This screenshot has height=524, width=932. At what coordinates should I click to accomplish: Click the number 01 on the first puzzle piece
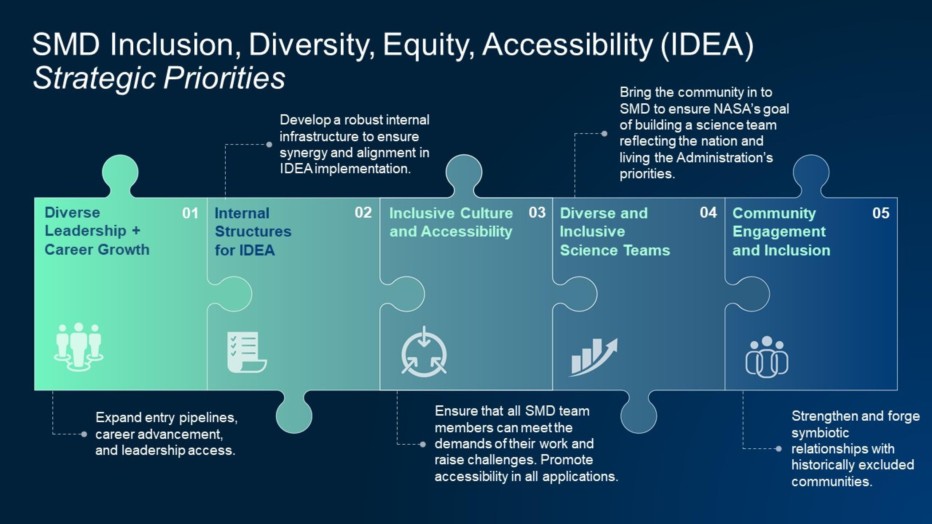pyautogui.click(x=190, y=213)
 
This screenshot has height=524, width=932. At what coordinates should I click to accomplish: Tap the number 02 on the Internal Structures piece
pyautogui.click(x=363, y=213)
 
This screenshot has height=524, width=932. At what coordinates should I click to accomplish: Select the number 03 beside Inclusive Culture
pyautogui.click(x=537, y=213)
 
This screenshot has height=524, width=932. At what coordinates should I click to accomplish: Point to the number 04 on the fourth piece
pyautogui.click(x=708, y=213)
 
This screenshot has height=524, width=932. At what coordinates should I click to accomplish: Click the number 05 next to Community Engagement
pyautogui.click(x=881, y=213)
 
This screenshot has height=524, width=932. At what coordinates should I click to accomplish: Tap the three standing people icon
pyautogui.click(x=79, y=346)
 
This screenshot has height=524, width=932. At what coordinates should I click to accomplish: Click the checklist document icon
pyautogui.click(x=247, y=352)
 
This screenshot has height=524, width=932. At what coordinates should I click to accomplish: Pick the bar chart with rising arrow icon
pyautogui.click(x=593, y=357)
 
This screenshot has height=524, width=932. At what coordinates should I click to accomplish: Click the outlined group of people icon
pyautogui.click(x=767, y=356)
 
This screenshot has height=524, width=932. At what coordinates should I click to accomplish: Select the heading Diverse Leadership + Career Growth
pyautogui.click(x=97, y=231)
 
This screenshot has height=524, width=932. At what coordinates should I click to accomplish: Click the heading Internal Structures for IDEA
pyautogui.click(x=253, y=232)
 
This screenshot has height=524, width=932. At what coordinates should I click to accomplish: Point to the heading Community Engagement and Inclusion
pyautogui.click(x=781, y=232)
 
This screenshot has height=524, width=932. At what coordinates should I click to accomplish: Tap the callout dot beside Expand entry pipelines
pyautogui.click(x=84, y=434)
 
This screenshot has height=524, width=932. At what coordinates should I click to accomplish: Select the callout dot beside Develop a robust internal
pyautogui.click(x=269, y=144)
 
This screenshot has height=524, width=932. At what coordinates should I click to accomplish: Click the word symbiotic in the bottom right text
pyautogui.click(x=820, y=433)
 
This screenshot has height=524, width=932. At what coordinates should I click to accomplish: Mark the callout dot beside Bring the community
pyautogui.click(x=604, y=134)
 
